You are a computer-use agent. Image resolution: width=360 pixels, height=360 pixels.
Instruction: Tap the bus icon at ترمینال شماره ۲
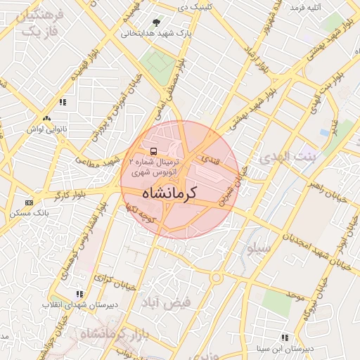point(153,150)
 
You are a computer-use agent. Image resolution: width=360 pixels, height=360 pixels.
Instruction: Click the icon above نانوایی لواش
point(46,119)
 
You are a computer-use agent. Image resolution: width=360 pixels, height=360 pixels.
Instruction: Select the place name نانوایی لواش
point(46,129)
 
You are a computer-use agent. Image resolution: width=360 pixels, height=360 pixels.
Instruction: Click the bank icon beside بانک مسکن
point(28,202)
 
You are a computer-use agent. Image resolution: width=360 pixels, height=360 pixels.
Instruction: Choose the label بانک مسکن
point(27,212)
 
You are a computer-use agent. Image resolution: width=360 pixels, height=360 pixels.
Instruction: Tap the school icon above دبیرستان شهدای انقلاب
point(79,294)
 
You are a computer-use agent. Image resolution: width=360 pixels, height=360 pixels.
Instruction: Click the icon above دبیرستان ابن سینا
point(284,337)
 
